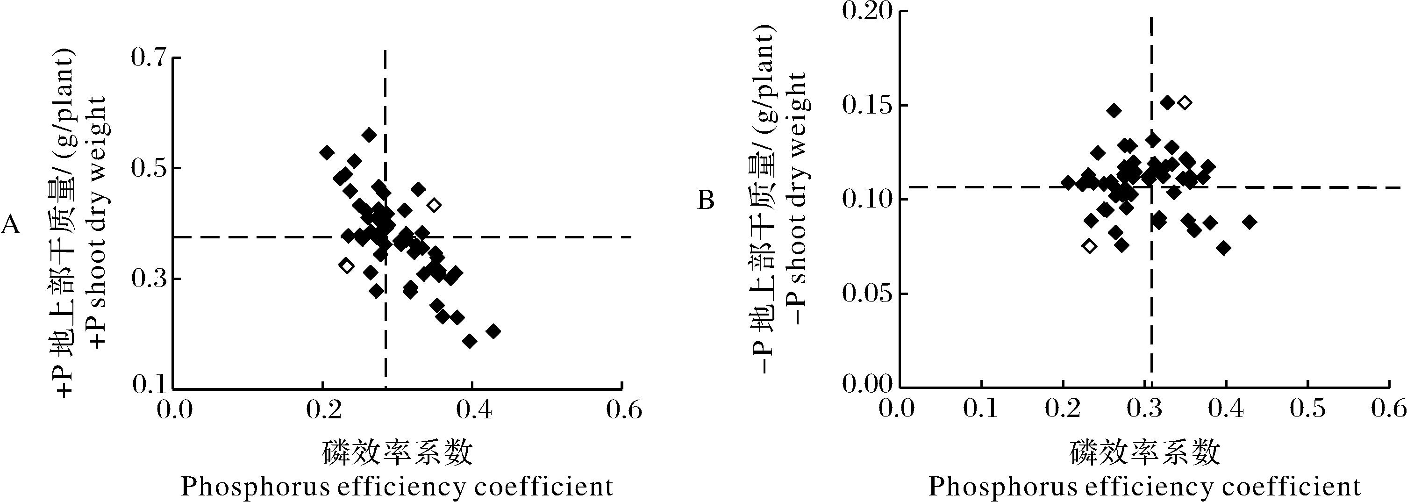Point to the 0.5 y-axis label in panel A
149,168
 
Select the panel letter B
706,201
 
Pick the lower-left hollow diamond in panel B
1089,246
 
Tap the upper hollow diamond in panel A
434,205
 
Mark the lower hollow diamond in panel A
346,265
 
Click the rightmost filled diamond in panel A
493,331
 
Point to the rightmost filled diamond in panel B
1249,222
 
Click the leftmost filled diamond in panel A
327,153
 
